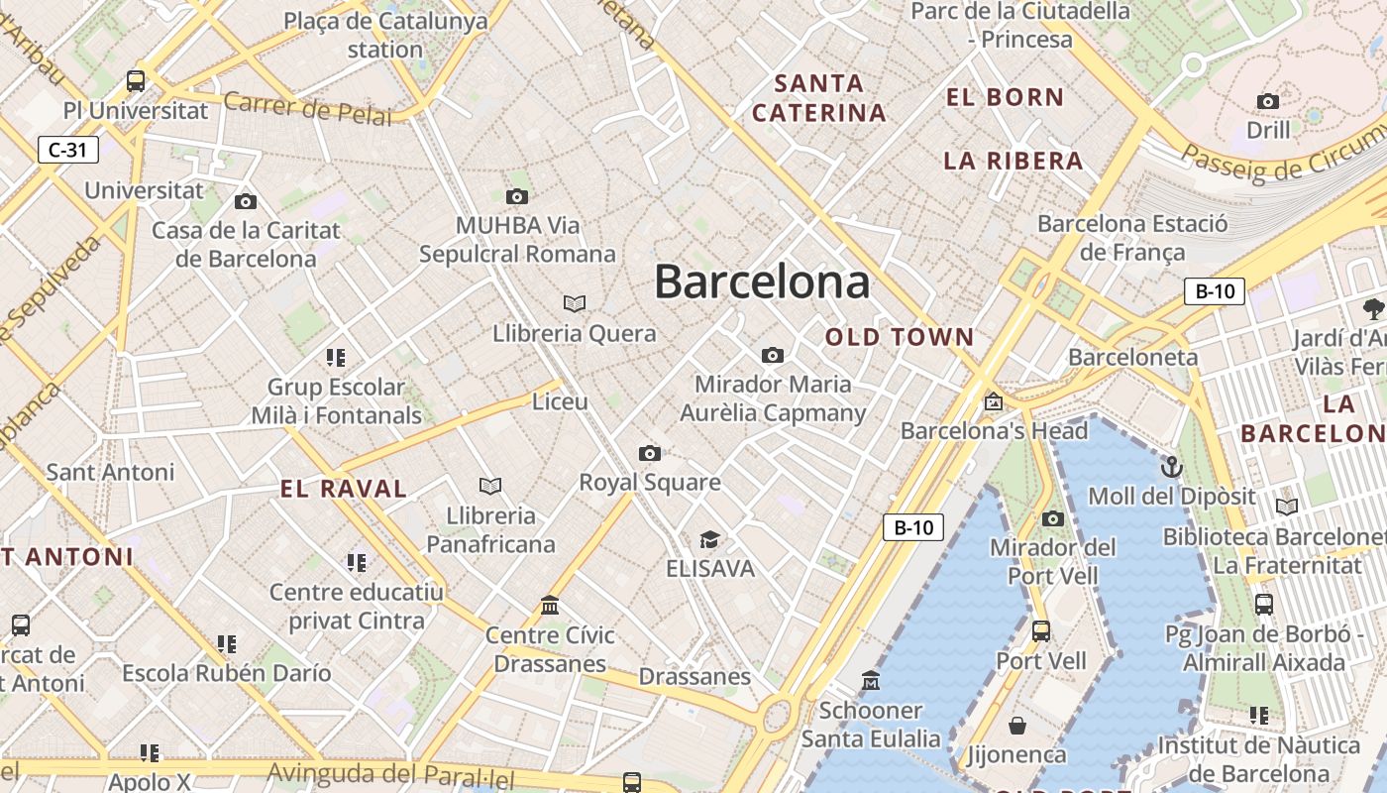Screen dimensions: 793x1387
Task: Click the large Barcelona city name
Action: click(x=762, y=283)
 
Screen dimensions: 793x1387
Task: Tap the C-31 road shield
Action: click(x=67, y=150)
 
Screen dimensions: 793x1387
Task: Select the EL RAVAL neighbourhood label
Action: click(x=344, y=489)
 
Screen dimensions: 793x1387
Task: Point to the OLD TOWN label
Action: click(x=900, y=337)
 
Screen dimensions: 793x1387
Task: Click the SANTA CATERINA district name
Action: click(x=819, y=98)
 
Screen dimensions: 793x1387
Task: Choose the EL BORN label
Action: click(x=1005, y=97)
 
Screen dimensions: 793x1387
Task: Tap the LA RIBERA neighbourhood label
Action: click(x=1014, y=161)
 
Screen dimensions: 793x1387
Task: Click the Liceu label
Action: click(x=560, y=402)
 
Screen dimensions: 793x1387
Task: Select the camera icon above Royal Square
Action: click(x=649, y=454)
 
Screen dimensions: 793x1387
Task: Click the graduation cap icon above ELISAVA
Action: click(x=709, y=540)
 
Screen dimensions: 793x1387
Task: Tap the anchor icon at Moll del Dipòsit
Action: click(x=1172, y=466)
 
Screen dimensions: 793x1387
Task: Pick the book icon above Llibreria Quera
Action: click(x=575, y=303)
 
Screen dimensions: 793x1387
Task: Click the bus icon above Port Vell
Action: click(x=1041, y=630)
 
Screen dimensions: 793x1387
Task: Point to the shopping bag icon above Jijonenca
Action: click(x=1016, y=726)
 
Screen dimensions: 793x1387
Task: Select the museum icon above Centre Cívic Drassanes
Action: click(x=550, y=605)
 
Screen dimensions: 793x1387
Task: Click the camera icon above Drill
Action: click(x=1267, y=101)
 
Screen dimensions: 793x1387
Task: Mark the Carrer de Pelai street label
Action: click(x=307, y=107)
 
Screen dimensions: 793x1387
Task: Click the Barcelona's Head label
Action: click(x=994, y=431)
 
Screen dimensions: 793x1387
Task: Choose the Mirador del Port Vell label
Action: click(x=1052, y=561)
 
